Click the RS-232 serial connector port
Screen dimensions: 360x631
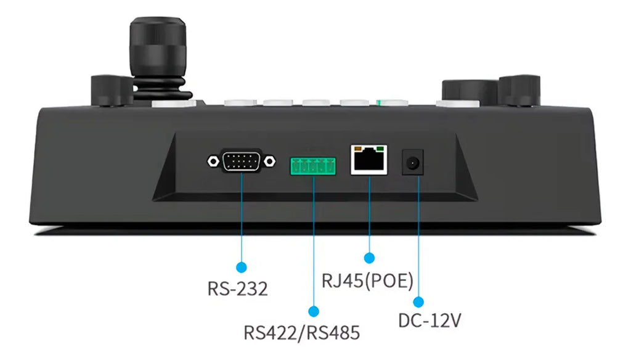pos(241,162)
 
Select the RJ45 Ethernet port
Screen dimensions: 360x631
pos(369,161)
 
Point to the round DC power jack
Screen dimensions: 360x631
pos(413,163)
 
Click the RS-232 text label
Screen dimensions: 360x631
pos(238,288)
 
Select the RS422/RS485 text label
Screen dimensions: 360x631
pos(301,333)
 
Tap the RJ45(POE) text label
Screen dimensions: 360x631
pos(367,280)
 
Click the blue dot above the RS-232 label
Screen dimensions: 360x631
pos(242,267)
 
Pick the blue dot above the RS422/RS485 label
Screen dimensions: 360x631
pos(314,311)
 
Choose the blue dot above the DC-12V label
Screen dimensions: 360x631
pos(418,302)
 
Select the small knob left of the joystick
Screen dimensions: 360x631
pos(110,90)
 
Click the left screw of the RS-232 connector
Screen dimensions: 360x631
pos(213,162)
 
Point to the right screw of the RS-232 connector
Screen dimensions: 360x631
pos(269,162)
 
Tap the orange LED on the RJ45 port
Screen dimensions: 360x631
pos(356,149)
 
